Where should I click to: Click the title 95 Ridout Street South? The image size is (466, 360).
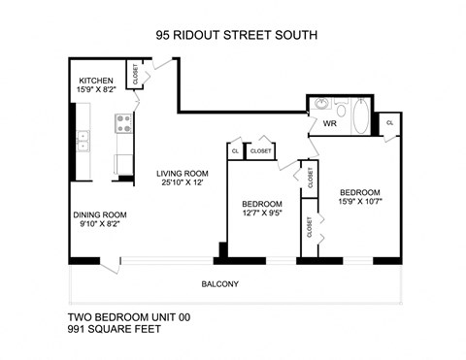click(236, 37)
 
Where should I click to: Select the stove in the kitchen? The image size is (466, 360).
click(124, 122)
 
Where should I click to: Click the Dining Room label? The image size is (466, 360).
click(100, 214)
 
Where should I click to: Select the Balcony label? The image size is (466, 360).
click(219, 284)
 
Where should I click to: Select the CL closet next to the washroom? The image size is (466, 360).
click(389, 123)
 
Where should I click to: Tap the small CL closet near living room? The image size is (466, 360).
click(235, 151)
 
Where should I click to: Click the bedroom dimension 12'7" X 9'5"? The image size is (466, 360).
click(262, 215)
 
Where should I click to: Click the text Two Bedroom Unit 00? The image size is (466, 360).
click(128, 316)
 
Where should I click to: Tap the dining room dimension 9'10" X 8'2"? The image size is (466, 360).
click(100, 226)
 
